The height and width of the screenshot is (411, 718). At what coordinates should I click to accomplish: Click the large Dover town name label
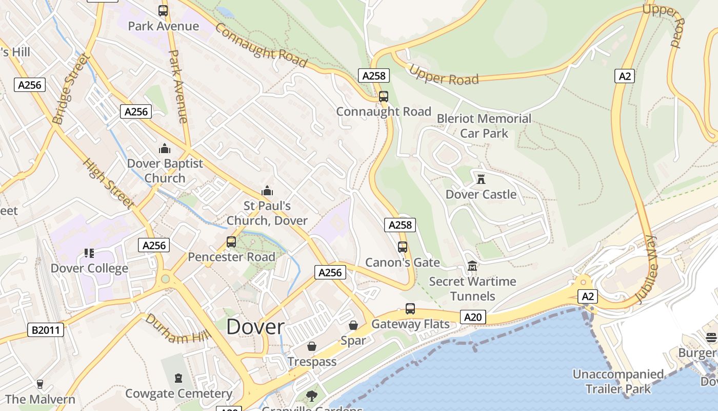pyautogui.click(x=255, y=327)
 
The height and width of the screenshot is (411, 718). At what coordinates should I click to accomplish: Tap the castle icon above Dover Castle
pyautogui.click(x=481, y=179)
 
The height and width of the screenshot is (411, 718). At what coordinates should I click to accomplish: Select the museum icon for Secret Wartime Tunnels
pyautogui.click(x=472, y=267)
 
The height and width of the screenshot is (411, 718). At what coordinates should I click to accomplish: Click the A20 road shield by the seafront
pyautogui.click(x=472, y=317)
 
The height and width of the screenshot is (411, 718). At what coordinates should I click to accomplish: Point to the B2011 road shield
pyautogui.click(x=46, y=329)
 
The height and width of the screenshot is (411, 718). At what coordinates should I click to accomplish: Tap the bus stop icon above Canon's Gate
pyautogui.click(x=403, y=247)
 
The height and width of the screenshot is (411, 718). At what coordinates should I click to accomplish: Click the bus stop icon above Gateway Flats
pyautogui.click(x=410, y=309)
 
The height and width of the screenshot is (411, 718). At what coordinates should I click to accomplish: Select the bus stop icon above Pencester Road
pyautogui.click(x=231, y=242)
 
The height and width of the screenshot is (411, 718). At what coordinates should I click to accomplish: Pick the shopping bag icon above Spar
pyautogui.click(x=353, y=325)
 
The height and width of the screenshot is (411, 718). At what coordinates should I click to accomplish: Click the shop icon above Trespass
pyautogui.click(x=311, y=347)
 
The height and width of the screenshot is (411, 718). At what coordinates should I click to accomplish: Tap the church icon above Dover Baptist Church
pyautogui.click(x=165, y=149)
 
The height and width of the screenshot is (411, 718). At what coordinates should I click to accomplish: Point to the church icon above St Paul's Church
pyautogui.click(x=267, y=191)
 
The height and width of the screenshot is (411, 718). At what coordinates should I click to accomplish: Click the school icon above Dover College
pyautogui.click(x=89, y=253)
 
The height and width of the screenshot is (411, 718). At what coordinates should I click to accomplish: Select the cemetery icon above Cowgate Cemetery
pyautogui.click(x=178, y=379)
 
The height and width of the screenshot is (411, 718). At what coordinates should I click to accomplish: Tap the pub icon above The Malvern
pyautogui.click(x=40, y=384)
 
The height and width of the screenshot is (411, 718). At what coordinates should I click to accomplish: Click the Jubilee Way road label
pyautogui.click(x=646, y=269)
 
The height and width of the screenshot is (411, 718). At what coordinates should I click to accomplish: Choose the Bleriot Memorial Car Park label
pyautogui.click(x=484, y=126)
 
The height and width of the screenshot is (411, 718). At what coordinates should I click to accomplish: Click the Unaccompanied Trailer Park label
pyautogui.click(x=618, y=381)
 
